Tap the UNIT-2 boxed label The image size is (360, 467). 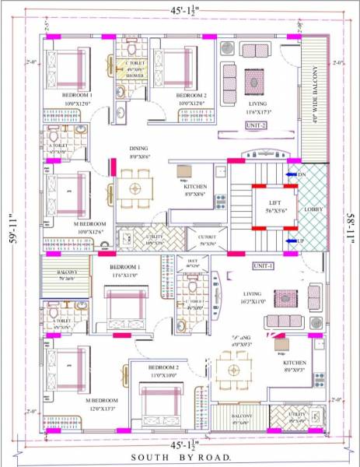click(x=257, y=125)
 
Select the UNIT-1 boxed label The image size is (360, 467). click(x=264, y=265)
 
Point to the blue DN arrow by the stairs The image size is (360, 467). click(x=293, y=176)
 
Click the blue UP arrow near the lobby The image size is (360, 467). click(x=293, y=241)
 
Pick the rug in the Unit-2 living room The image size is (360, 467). click(x=255, y=80)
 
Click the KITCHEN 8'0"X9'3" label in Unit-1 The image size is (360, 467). click(x=293, y=365)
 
